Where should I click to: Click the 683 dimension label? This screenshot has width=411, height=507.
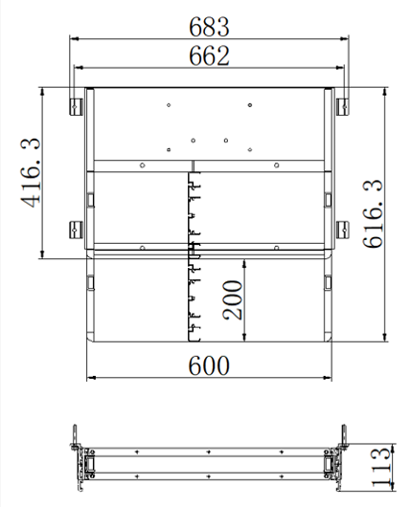tap(209, 27)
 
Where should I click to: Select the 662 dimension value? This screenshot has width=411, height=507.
tap(209, 55)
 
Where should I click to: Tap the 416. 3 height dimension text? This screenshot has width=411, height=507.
tap(31, 172)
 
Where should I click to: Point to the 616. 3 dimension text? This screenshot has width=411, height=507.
tap(373, 213)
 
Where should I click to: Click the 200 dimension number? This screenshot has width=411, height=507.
tap(232, 300)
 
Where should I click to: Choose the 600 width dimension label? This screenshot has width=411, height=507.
tap(209, 365)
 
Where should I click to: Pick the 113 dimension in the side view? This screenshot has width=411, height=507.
tap(380, 467)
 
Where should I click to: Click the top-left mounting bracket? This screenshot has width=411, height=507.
tap(76, 107)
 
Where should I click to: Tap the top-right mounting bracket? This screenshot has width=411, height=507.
tap(342, 107)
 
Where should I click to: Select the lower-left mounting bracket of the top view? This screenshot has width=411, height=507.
tap(76, 230)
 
